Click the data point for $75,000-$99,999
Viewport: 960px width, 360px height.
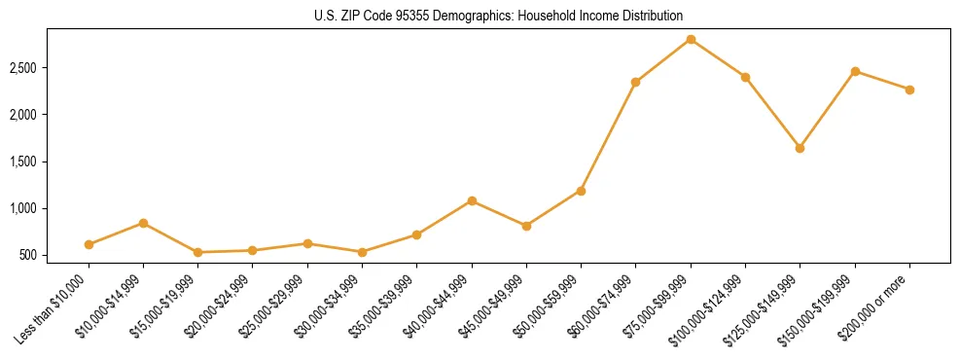coord(691,39)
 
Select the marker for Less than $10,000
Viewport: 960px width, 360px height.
coord(89,244)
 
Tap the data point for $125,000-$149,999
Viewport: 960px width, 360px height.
coord(800,148)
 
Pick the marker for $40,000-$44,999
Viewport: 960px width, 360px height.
coord(472,200)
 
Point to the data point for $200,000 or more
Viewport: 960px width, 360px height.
coord(909,90)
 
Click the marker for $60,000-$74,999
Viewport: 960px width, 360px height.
coord(635,82)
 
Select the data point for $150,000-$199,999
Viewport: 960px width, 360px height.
coord(855,71)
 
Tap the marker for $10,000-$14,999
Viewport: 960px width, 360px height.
coord(143,223)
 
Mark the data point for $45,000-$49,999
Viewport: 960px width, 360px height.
coord(526,226)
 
